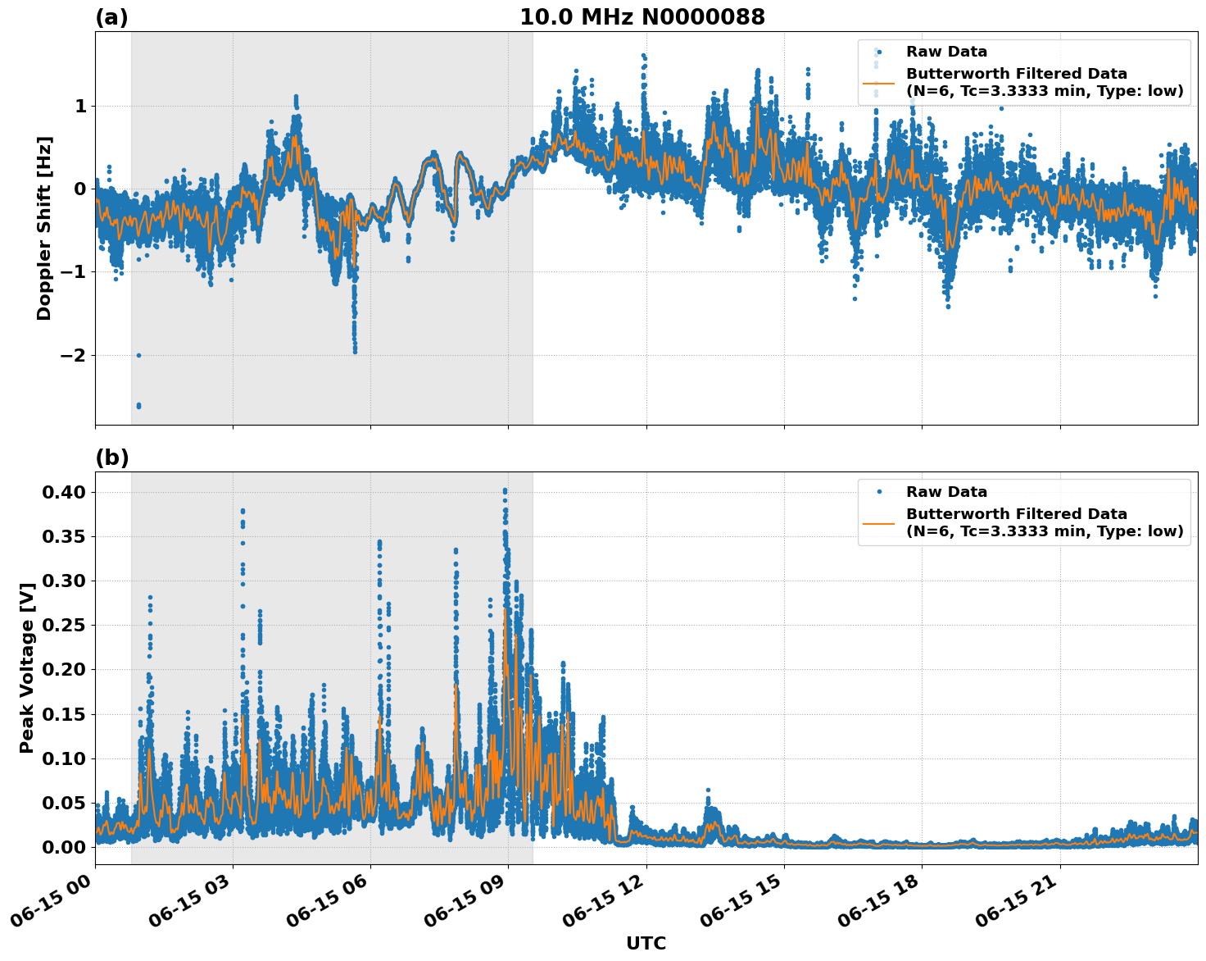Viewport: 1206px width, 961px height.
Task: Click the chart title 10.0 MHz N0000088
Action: [642, 17]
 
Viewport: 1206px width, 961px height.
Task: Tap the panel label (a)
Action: [111, 17]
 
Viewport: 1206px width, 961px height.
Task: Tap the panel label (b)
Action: [111, 458]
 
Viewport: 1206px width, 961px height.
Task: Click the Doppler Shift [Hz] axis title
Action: [44, 228]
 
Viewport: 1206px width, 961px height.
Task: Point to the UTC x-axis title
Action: [646, 943]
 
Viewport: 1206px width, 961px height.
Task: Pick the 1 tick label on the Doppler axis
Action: [80, 107]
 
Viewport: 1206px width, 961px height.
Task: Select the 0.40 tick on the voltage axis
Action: [64, 492]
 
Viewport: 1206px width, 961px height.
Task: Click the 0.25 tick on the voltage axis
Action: [64, 625]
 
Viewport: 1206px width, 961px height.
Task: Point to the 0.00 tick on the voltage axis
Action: [64, 847]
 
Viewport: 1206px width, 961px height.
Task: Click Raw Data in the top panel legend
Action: [946, 52]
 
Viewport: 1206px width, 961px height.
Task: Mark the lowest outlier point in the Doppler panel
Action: [138, 406]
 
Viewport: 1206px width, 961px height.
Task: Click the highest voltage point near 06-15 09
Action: [505, 490]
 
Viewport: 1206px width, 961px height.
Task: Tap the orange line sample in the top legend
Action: [878, 83]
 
